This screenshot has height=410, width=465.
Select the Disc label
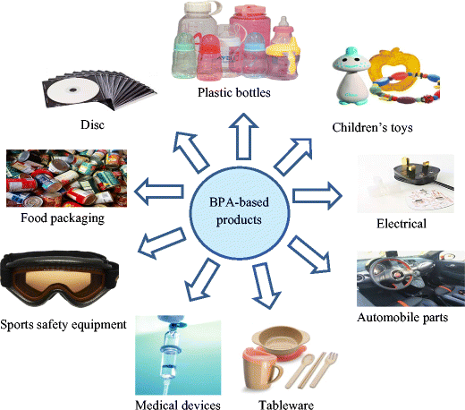[x=90, y=124]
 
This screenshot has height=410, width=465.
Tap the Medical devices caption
[x=178, y=403]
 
